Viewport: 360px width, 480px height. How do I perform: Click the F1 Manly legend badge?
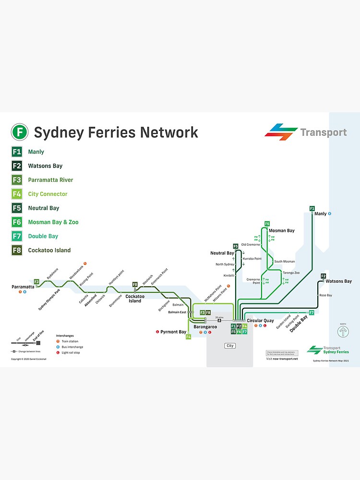click(17, 152)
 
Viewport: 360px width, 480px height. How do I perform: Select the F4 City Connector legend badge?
click(17, 194)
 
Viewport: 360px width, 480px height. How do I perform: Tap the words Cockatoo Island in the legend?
click(49, 250)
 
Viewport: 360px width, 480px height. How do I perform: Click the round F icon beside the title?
click(20, 132)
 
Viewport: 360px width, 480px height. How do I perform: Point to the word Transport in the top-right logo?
click(323, 132)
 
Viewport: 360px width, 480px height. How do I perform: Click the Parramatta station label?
click(23, 287)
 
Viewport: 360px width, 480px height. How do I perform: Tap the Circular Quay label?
click(260, 321)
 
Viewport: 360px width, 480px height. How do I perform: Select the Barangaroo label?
click(205, 327)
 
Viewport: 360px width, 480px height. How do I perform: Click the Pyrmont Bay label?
click(173, 332)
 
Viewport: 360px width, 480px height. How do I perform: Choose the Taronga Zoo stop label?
click(291, 273)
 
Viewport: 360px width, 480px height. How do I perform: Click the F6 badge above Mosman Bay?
click(267, 224)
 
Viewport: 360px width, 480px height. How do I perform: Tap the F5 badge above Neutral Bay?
click(235, 246)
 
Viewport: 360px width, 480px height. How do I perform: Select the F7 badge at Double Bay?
click(311, 313)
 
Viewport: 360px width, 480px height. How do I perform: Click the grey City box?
click(230, 346)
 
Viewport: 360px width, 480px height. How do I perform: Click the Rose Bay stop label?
click(325, 295)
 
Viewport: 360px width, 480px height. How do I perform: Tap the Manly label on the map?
click(320, 214)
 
